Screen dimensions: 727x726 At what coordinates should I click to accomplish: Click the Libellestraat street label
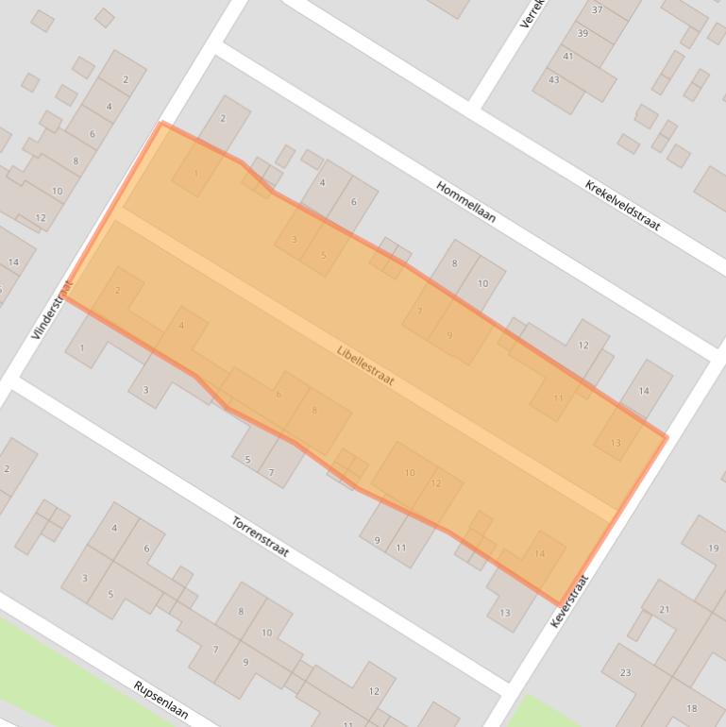pyautogui.click(x=365, y=364)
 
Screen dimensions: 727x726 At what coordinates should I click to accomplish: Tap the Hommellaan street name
pyautogui.click(x=465, y=201)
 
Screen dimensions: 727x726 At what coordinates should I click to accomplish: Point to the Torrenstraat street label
pyautogui.click(x=260, y=535)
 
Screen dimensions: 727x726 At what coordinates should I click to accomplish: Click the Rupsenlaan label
pyautogui.click(x=160, y=700)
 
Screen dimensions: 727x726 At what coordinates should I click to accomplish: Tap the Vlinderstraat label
pyautogui.click(x=51, y=309)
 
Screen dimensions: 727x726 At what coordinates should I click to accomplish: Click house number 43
pyautogui.click(x=553, y=79)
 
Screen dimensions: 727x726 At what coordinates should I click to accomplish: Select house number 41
pyautogui.click(x=567, y=57)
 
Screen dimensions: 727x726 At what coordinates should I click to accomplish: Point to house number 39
pyautogui.click(x=582, y=33)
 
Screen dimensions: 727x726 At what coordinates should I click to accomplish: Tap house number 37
pyautogui.click(x=597, y=9)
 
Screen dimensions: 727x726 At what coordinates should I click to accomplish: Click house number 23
pyautogui.click(x=625, y=672)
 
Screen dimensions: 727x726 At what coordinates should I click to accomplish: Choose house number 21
pyautogui.click(x=664, y=610)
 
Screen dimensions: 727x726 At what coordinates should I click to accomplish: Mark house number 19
pyautogui.click(x=714, y=548)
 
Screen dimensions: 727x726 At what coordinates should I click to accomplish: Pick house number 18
pyautogui.click(x=692, y=708)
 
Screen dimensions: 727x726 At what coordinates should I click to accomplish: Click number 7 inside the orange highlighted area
pyautogui.click(x=419, y=311)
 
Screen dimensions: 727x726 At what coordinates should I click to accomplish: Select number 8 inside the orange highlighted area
pyautogui.click(x=314, y=410)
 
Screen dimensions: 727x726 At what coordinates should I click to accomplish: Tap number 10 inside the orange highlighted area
pyautogui.click(x=410, y=472)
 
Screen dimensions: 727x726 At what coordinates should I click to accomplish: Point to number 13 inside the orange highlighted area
pyautogui.click(x=616, y=442)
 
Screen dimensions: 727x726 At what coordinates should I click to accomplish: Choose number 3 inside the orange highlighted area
pyautogui.click(x=294, y=239)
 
